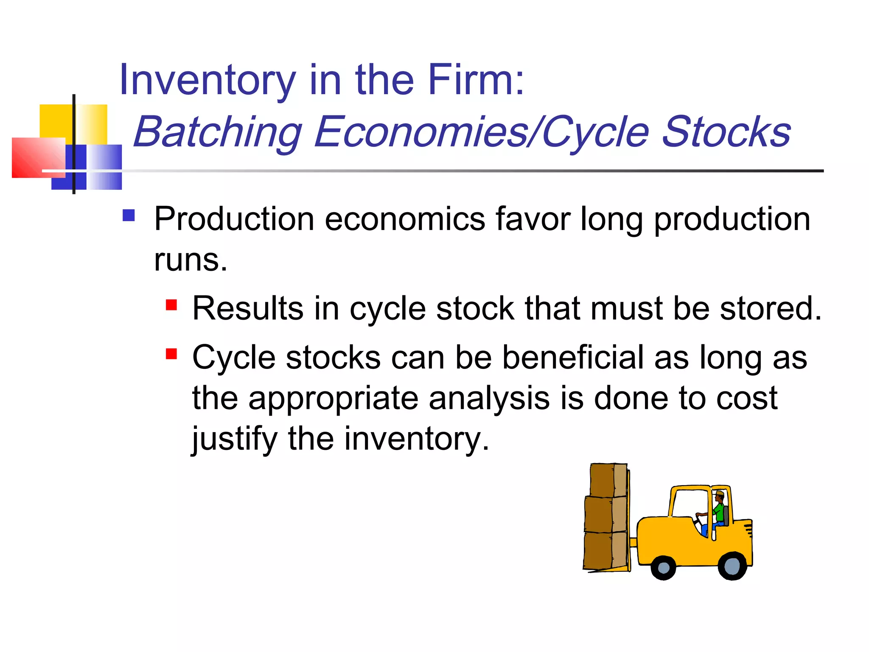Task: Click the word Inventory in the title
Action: coord(207,81)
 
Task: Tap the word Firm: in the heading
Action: coord(476,80)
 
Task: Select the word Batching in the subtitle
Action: coord(217,132)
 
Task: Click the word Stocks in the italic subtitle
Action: coord(726,132)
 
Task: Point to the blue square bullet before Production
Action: coord(129,216)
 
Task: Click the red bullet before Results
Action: coord(171,305)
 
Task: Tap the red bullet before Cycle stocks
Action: coord(171,354)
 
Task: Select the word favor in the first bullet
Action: coord(533,219)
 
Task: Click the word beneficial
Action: coord(573,357)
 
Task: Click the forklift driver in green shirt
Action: coord(718,511)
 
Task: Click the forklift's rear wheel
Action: coord(732,566)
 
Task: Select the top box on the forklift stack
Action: coord(608,480)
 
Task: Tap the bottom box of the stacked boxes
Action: coord(605,551)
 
